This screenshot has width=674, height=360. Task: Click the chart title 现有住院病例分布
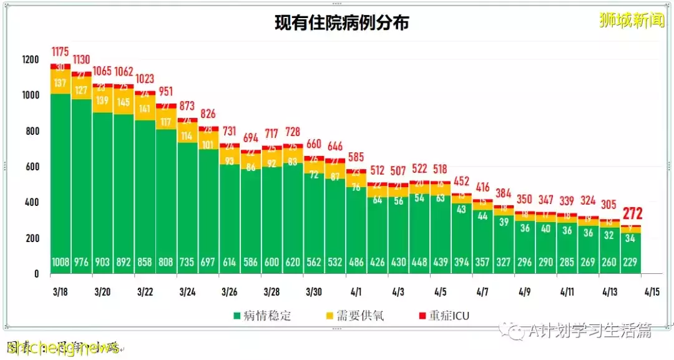342,23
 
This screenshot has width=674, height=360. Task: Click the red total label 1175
61,51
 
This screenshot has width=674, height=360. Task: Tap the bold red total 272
631,214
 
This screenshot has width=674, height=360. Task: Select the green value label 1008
61,263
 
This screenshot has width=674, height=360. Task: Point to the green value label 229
631,263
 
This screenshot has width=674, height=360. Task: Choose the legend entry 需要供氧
356,315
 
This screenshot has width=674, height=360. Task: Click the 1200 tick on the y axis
30,60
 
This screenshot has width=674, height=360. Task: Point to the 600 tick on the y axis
32,167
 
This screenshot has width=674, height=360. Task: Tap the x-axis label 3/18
61,291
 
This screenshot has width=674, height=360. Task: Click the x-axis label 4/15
652,291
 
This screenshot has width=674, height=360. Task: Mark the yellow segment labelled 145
124,102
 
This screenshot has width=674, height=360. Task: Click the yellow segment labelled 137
61,83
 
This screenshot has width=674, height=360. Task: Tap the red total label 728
292,134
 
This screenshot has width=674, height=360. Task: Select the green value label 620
292,263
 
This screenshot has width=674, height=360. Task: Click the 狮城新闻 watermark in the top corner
632,20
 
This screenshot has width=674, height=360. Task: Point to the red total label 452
462,182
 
